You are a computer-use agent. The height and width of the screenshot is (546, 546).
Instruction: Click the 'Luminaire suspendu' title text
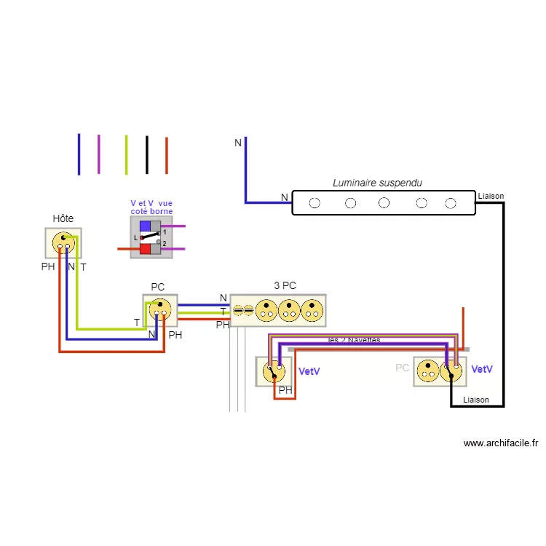click(x=377, y=183)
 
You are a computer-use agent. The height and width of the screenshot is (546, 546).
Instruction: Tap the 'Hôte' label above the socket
click(x=63, y=218)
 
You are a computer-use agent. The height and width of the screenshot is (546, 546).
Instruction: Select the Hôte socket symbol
click(x=63, y=243)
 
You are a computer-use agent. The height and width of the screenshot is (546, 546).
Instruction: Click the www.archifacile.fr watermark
click(x=501, y=443)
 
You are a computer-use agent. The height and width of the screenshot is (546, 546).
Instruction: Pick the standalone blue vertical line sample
click(x=79, y=154)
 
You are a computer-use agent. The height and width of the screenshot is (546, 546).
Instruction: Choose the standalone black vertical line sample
click(x=146, y=154)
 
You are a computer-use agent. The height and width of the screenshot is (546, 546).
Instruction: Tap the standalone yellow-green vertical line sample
click(x=126, y=154)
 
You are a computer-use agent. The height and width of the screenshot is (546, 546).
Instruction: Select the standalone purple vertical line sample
click(x=99, y=154)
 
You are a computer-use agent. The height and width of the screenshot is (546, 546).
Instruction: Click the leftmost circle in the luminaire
click(x=314, y=203)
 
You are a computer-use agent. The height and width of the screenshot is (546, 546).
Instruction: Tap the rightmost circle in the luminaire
click(x=451, y=203)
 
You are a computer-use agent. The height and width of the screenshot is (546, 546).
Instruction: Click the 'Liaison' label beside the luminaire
click(x=491, y=196)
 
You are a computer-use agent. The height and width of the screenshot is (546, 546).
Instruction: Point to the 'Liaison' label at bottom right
click(x=476, y=400)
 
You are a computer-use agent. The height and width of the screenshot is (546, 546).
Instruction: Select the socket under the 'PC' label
click(x=160, y=311)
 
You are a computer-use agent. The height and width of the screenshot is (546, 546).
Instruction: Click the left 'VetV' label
click(x=309, y=371)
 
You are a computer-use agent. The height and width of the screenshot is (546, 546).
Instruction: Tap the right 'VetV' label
click(x=482, y=370)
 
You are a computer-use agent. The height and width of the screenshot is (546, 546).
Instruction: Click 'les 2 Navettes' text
click(x=355, y=340)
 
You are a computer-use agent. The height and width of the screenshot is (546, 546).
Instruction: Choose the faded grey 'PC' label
click(x=403, y=368)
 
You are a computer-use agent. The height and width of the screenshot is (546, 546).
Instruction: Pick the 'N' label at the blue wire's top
click(x=238, y=143)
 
